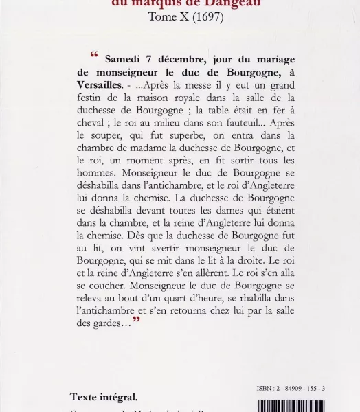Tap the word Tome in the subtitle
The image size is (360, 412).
[162, 16]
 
